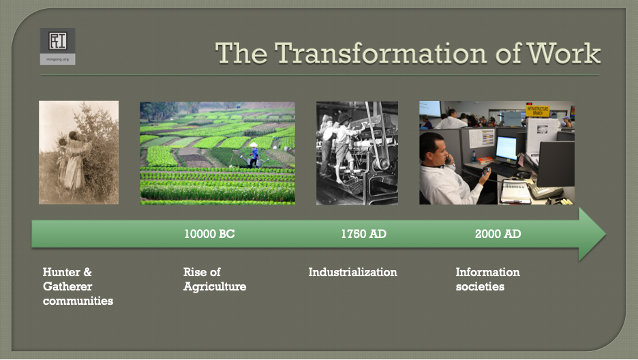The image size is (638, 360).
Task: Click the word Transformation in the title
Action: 380,53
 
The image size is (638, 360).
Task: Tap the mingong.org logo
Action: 58,46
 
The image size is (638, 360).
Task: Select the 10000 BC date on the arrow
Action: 209,234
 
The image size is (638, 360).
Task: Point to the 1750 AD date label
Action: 364,234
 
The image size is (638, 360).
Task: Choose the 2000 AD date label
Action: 498,234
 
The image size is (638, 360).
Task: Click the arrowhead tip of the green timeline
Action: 606,234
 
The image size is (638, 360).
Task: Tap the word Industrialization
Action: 353,272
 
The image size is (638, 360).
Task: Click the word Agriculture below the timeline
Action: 215,287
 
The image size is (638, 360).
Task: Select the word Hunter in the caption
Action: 61,272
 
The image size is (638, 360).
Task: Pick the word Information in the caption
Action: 488,272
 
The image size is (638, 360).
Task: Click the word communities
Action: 78,301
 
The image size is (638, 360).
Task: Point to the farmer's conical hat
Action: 254,145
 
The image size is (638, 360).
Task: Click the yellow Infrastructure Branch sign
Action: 538,111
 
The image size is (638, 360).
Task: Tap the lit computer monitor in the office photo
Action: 506,149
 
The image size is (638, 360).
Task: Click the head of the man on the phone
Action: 434,149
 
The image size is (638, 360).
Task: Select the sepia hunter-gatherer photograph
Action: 79,153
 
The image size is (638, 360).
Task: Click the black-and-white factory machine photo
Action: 357,153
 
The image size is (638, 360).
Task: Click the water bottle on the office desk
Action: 474,157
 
